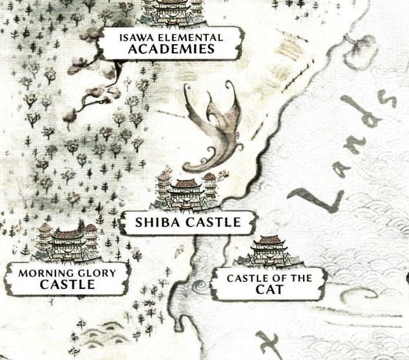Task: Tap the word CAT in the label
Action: point(269,290)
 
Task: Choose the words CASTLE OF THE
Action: point(269,279)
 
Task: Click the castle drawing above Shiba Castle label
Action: point(184,190)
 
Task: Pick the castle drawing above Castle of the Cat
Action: point(270,251)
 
